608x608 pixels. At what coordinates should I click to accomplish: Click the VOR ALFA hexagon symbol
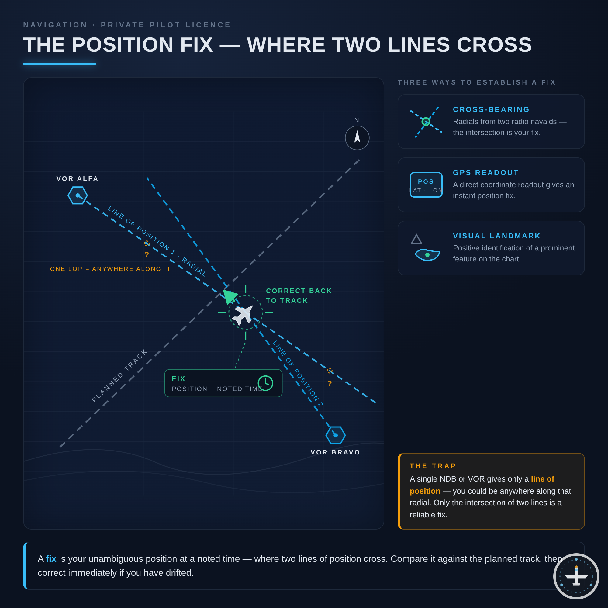click(x=78, y=195)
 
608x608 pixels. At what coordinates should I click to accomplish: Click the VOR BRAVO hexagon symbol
click(x=336, y=435)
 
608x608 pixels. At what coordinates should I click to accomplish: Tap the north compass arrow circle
click(x=357, y=138)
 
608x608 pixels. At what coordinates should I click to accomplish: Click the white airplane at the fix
click(x=243, y=314)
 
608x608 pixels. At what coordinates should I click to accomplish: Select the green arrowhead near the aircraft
click(x=229, y=296)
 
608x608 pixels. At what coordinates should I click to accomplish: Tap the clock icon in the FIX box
click(x=265, y=383)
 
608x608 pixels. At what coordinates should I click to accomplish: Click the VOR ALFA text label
click(x=78, y=179)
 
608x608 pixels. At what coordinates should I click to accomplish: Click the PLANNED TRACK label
click(x=119, y=376)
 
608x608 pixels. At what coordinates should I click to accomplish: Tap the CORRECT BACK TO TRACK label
click(x=299, y=295)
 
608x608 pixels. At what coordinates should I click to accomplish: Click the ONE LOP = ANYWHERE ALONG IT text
click(x=110, y=269)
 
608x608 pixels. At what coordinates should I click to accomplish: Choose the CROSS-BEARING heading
click(x=491, y=109)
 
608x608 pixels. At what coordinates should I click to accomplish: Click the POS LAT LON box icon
click(x=426, y=185)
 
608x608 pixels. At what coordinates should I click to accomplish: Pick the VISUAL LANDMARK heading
click(x=497, y=236)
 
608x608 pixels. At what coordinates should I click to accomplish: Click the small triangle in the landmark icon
click(x=416, y=239)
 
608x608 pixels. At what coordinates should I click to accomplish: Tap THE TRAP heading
click(x=433, y=466)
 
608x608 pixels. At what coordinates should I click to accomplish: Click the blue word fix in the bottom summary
click(x=51, y=558)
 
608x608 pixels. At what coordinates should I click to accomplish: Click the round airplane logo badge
click(x=576, y=576)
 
